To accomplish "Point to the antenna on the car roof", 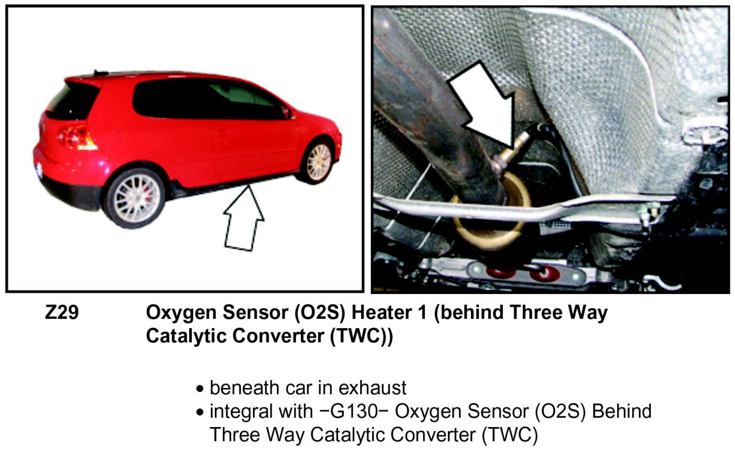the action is [x=100, y=73].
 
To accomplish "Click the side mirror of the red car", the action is [x=288, y=113].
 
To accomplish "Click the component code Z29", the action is [x=62, y=313].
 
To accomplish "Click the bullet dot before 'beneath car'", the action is [x=200, y=389].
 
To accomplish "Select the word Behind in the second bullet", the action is [x=621, y=411].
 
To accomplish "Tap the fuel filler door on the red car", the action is [x=113, y=136].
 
